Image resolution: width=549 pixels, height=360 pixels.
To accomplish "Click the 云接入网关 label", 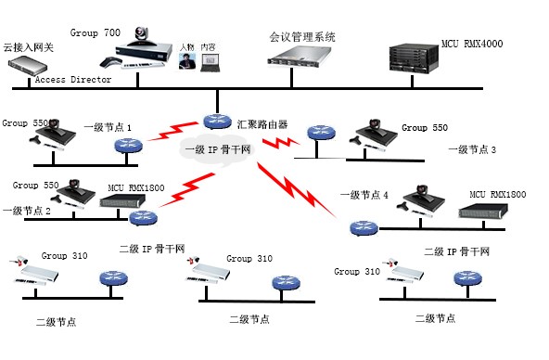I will point(29,46).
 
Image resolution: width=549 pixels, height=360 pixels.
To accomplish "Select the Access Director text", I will point(73,80).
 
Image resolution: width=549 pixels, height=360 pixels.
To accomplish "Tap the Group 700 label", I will point(96,32).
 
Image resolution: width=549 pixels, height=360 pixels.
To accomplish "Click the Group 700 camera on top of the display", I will point(146,35).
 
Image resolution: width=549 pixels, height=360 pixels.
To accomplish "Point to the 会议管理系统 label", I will point(302,38).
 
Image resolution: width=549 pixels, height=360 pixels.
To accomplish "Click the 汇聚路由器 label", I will point(262,122).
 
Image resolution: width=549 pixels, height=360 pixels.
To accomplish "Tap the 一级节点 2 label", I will point(27,211).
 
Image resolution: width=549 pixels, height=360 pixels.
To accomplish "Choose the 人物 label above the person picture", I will point(187,46).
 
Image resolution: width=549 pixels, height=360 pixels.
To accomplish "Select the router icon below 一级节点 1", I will point(129,146).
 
